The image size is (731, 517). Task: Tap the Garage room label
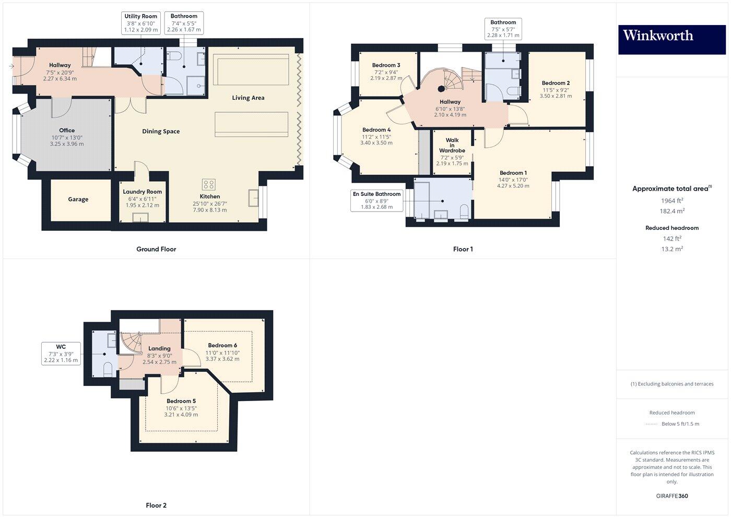(78, 199)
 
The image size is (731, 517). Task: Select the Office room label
(67, 131)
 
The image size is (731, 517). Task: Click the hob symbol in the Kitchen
(208, 184)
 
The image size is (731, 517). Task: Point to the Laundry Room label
(142, 192)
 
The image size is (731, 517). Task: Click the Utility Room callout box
(140, 23)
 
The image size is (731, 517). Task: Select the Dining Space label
(161, 132)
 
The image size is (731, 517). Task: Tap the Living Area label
(248, 98)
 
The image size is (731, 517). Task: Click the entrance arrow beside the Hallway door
(11, 66)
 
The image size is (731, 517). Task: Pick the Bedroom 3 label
(386, 65)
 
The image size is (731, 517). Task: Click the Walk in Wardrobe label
(452, 145)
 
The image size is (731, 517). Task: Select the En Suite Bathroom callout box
(376, 201)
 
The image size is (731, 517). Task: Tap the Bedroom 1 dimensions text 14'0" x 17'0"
(513, 180)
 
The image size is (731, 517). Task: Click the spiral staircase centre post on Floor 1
(441, 89)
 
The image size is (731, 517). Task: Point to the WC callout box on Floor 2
(61, 354)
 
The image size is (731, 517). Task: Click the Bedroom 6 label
(222, 345)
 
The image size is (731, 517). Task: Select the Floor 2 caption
(156, 506)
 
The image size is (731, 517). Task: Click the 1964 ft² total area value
(672, 201)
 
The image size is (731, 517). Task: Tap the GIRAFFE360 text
(672, 496)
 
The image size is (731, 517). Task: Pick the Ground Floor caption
(156, 249)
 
